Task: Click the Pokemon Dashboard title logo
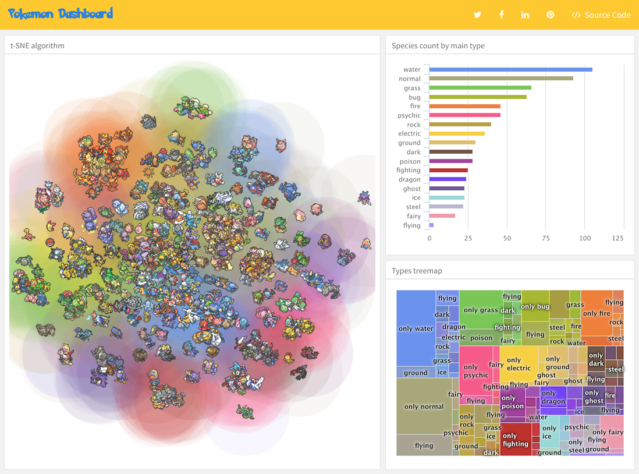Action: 61,14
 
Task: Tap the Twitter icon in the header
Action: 478,15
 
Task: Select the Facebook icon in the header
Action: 502,15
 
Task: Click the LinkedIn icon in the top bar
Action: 526,15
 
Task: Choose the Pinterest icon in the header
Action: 550,15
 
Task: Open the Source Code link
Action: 601,15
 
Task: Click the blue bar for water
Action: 510,69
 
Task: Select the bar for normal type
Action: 501,79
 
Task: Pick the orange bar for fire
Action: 465,106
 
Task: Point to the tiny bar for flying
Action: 431,225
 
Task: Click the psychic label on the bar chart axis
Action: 409,115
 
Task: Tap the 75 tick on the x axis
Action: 546,238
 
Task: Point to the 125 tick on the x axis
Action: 618,238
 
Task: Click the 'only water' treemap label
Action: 416,328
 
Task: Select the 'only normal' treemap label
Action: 424,406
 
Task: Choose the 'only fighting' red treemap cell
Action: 515,440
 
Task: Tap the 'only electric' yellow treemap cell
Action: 519,364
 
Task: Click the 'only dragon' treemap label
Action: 553,397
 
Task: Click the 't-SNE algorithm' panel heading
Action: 37,45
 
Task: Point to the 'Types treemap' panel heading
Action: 417,271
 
